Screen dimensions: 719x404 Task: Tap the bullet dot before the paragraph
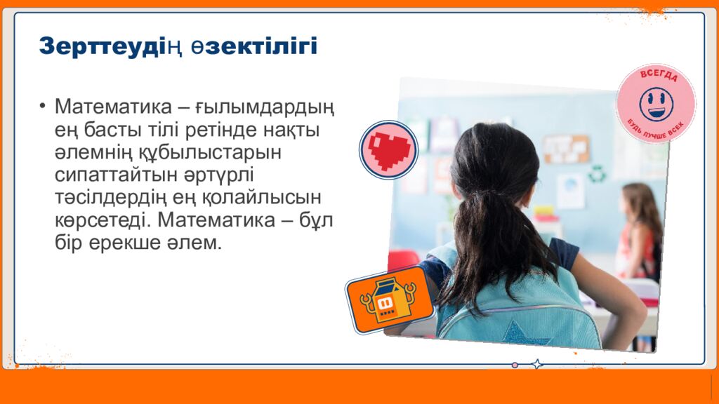pos(43,107)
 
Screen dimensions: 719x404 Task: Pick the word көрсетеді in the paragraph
pos(103,221)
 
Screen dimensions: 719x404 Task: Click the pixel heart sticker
pos(389,150)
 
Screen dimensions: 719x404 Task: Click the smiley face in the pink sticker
pos(657,104)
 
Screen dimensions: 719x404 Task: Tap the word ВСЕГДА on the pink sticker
pos(659,76)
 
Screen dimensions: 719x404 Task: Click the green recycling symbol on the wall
pos(598,174)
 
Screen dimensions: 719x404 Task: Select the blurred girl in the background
pos(640,233)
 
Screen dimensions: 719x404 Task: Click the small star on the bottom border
pos(537,365)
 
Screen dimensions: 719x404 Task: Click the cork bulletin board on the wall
pos(567,149)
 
